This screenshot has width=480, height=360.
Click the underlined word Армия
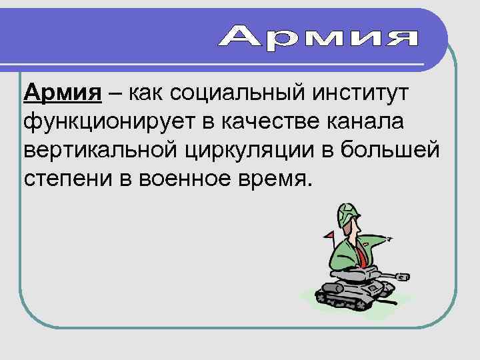(x=62, y=94)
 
